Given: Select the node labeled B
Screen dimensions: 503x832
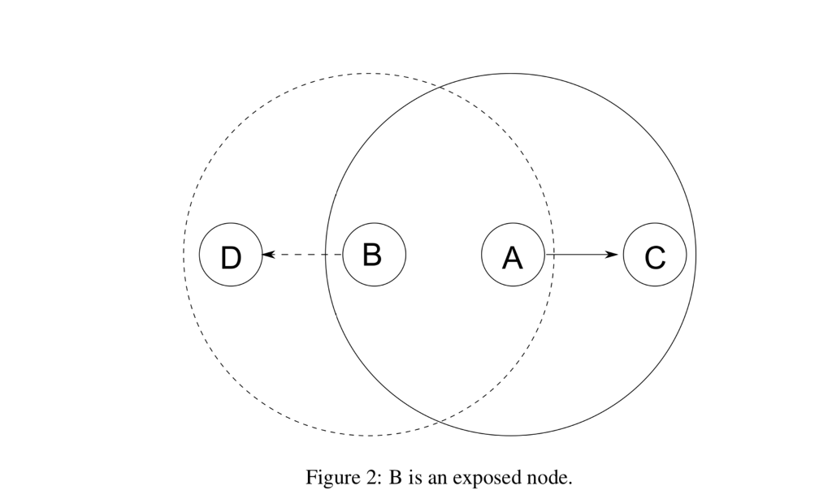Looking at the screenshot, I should pos(374,255).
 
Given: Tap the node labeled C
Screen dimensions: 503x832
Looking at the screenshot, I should pos(655,255).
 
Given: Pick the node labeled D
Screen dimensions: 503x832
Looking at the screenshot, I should pos(231,255).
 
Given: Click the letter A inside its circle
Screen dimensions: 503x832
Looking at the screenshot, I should pos(513,258).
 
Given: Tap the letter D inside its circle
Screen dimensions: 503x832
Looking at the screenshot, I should pos(231,258).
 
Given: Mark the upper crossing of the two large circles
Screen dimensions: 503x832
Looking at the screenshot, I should pos(440,86).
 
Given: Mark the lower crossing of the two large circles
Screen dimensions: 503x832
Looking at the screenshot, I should pos(440,423).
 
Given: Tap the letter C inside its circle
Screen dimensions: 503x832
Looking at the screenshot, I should pos(655,258).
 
